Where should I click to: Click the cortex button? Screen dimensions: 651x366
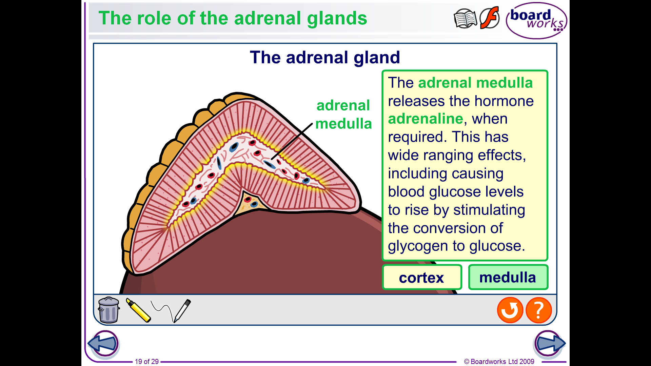422,277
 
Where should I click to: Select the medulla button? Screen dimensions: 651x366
508,277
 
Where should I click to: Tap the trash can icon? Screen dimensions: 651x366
109,310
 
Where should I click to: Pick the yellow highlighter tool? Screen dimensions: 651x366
138,310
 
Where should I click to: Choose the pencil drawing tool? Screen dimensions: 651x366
182,310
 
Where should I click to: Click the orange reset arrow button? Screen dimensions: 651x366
510,310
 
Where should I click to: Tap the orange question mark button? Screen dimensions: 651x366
539,310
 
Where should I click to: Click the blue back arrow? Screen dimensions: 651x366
103,344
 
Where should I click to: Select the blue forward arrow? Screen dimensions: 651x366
549,344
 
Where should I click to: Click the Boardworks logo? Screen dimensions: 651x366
536,21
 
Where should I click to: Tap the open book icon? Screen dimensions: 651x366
465,19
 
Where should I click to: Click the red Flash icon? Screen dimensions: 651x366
490,18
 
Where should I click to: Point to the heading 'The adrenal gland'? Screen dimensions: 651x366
325,58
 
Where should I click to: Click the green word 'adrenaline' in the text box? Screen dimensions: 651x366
426,119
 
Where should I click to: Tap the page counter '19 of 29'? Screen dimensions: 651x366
147,362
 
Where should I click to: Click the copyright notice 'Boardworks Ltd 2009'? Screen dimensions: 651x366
499,362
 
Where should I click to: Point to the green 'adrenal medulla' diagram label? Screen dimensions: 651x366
343,115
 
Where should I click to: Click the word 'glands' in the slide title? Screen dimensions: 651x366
337,19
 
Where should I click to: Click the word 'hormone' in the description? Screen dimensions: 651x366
504,101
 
